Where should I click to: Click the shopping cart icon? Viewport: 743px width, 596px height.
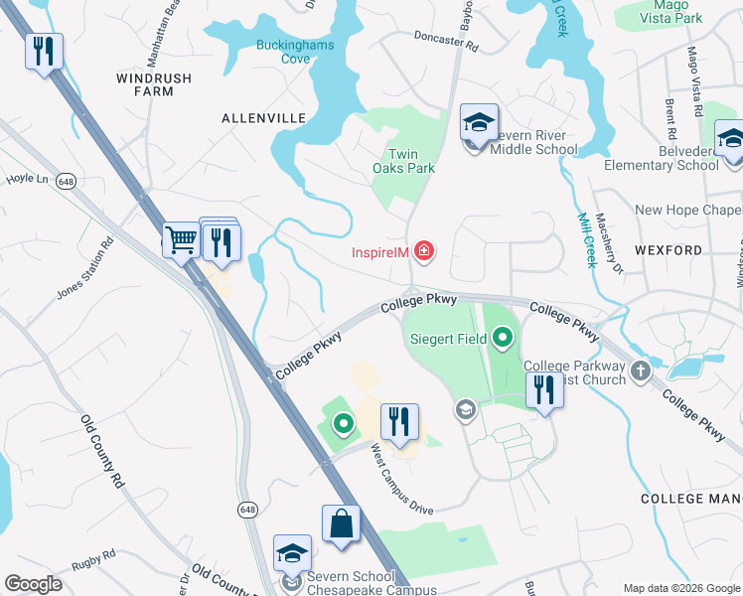[x=181, y=239]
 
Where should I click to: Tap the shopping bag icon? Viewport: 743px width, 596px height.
[x=341, y=523]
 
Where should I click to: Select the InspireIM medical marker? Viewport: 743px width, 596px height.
[x=424, y=251]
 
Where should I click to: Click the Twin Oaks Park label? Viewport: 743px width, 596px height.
[x=411, y=161]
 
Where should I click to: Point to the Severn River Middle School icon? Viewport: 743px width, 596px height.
[x=479, y=125]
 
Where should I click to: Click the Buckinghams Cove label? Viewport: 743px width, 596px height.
[x=295, y=52]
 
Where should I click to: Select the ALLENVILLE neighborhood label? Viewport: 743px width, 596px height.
[x=263, y=118]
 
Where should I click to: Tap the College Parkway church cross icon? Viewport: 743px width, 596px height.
[x=641, y=372]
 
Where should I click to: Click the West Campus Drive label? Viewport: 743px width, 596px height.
[x=402, y=480]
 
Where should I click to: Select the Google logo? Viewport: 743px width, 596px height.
[x=34, y=584]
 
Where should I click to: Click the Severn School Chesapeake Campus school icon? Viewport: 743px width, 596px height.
[x=292, y=553]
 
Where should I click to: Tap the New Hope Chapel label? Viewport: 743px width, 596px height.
[x=688, y=210]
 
